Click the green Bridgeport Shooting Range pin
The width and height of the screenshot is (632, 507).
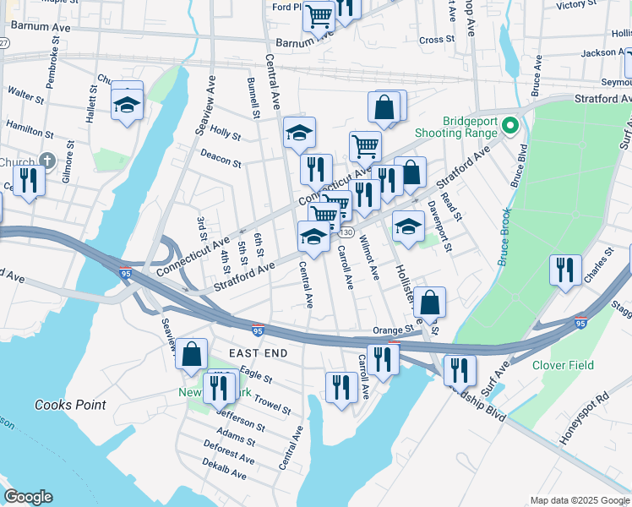509,127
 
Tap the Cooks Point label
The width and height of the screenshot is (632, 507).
70,405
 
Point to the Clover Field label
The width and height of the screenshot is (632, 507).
563,366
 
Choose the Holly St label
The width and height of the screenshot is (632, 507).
226,134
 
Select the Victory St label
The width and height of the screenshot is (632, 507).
577,5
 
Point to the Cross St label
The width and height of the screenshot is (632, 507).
437,40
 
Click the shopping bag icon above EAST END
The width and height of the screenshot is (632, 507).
192,354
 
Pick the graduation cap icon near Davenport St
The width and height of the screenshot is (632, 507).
408,226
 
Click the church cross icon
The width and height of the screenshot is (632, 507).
47,161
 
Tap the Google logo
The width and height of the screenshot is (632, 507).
28,497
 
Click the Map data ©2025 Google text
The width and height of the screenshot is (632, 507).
579,499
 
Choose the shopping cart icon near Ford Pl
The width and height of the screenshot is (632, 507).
319,14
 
